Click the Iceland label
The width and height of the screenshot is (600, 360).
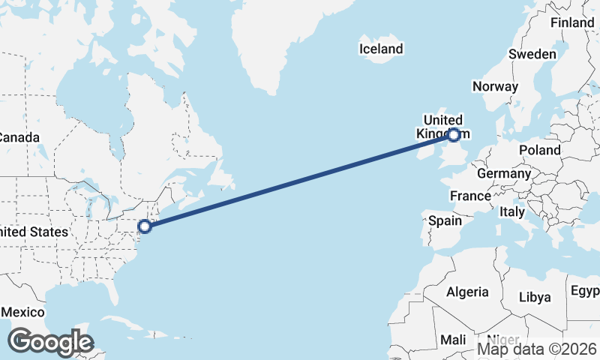381,49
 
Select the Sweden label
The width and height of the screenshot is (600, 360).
532,54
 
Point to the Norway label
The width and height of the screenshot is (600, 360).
495,86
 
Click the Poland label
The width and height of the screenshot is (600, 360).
540,150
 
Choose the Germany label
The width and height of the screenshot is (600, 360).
504,173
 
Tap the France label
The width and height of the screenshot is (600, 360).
469,196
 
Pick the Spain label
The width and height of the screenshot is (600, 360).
445,221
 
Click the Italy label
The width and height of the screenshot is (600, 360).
512,212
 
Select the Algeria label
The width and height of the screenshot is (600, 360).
467,292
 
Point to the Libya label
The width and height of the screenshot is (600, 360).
535,297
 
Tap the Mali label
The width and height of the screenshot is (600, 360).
453,340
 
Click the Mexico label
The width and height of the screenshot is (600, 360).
22,312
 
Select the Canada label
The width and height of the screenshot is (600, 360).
18,138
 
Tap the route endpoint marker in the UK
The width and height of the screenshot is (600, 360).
454,135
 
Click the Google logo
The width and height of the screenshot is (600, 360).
50,341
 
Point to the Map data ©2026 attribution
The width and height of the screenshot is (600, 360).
537,349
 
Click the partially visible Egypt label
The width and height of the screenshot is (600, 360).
585,291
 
